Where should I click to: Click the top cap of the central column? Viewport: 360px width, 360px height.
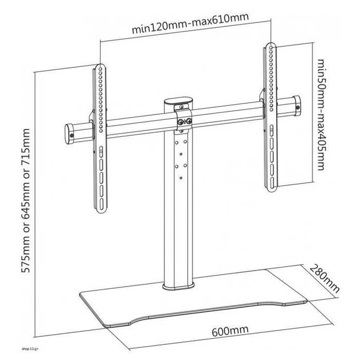(x=178, y=100)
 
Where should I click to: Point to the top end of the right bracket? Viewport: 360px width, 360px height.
(x=269, y=44)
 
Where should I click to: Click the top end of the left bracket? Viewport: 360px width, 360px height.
(x=99, y=67)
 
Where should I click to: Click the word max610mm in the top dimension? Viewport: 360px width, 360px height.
(x=222, y=20)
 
